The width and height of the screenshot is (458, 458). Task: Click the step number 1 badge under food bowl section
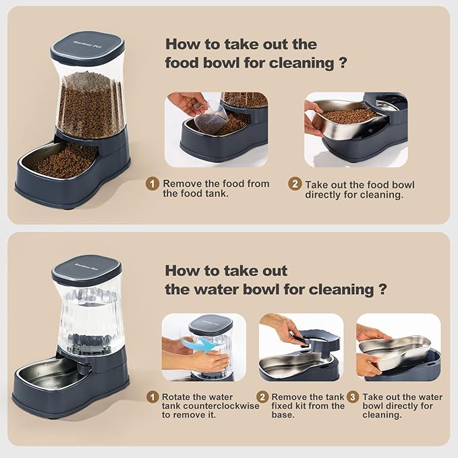(153, 184)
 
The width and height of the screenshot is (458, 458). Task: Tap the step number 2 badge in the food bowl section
(295, 184)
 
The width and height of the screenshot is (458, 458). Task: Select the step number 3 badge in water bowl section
(354, 397)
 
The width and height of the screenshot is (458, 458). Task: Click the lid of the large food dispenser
(89, 48)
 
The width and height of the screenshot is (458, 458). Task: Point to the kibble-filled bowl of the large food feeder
(64, 162)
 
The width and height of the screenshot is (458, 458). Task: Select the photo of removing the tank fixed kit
(301, 347)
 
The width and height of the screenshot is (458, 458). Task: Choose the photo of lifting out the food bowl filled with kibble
(355, 130)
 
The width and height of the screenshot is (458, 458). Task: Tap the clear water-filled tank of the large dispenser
(88, 317)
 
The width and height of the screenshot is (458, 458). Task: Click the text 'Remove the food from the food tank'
(215, 189)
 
